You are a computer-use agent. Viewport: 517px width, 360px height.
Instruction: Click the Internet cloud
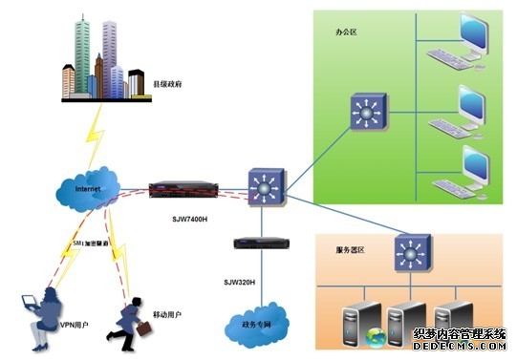click(x=89, y=189)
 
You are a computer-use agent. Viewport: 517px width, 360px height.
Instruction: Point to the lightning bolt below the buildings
click(x=97, y=134)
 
